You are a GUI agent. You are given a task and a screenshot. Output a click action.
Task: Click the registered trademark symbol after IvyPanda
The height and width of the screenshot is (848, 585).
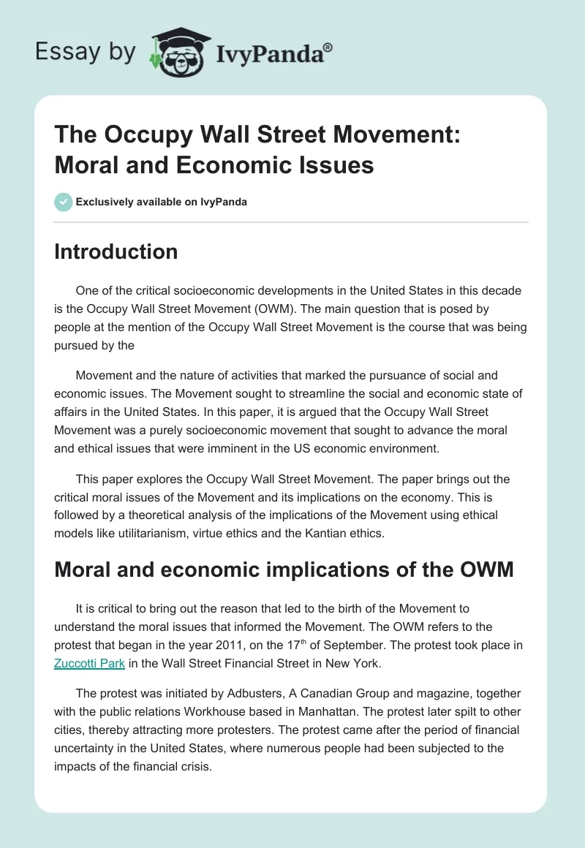pos(328,47)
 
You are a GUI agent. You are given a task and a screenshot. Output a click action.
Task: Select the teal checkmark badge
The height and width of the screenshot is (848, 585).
pos(63,202)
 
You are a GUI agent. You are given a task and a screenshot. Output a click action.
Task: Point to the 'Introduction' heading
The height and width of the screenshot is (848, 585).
pos(116,251)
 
